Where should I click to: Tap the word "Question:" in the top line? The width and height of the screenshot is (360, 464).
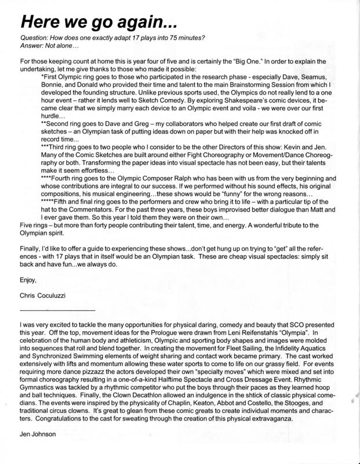(33, 38)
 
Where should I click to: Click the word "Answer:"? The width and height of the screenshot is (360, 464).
(30, 45)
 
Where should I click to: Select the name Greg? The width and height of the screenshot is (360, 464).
(146, 120)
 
